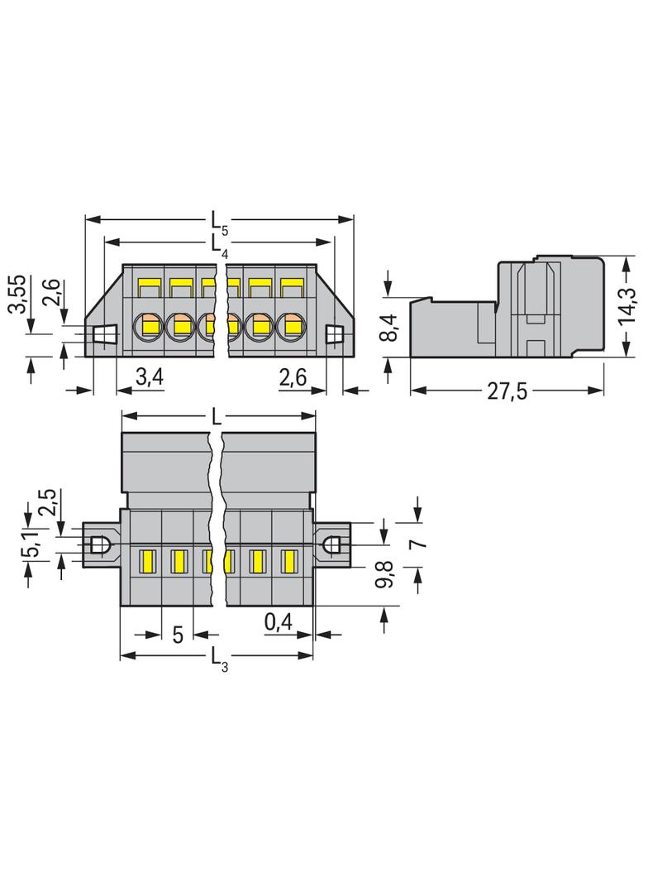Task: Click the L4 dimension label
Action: click(x=216, y=243)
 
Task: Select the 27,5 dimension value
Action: click(x=507, y=391)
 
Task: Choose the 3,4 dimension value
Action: click(x=149, y=379)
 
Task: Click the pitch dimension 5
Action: click(x=178, y=635)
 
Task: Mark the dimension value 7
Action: click(x=417, y=544)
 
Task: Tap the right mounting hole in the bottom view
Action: click(x=332, y=544)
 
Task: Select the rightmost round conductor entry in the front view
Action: click(x=290, y=326)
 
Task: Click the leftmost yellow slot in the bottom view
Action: click(x=148, y=561)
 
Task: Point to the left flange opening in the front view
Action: click(x=103, y=335)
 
